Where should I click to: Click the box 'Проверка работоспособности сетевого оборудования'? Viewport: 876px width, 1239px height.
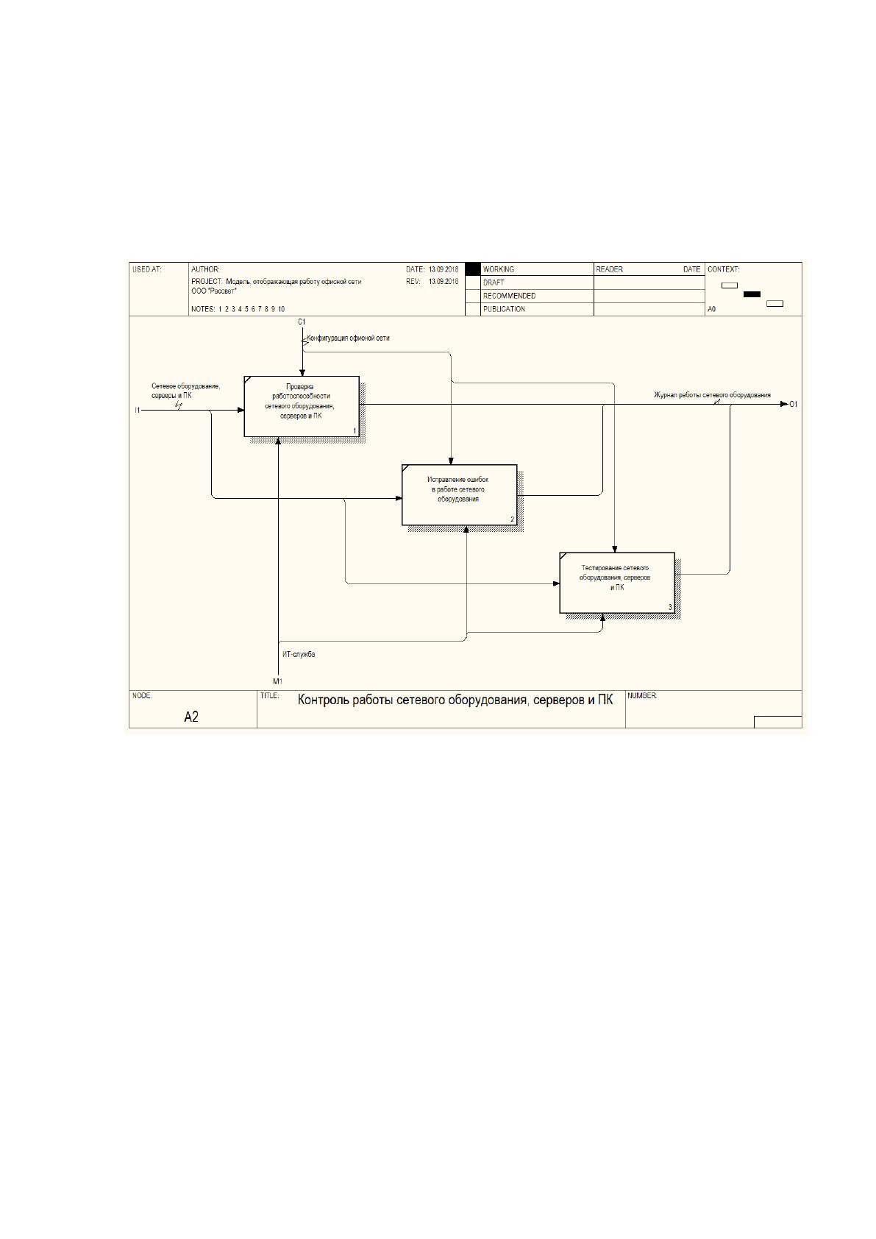click(x=302, y=407)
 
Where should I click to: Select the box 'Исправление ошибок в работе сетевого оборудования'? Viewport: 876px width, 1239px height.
click(x=460, y=494)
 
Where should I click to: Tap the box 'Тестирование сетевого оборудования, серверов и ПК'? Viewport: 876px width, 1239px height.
click(x=617, y=583)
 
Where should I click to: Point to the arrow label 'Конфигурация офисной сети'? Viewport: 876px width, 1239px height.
click(x=349, y=338)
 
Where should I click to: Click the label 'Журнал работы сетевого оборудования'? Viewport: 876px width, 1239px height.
click(x=712, y=395)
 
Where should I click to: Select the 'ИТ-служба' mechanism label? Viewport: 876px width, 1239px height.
click(x=299, y=654)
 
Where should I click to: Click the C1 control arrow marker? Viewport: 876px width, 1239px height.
click(x=302, y=322)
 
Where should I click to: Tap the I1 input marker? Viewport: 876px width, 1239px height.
click(x=137, y=411)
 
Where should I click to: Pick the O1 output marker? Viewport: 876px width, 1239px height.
click(x=794, y=405)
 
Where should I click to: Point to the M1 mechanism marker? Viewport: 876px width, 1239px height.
click(x=277, y=681)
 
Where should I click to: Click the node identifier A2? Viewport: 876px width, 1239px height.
click(x=190, y=717)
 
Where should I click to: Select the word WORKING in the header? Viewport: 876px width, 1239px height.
click(x=498, y=269)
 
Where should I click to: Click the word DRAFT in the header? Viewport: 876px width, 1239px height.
click(x=494, y=283)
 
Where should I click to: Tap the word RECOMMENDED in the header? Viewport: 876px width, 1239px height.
click(x=509, y=296)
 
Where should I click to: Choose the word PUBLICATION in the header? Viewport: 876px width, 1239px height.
click(x=504, y=309)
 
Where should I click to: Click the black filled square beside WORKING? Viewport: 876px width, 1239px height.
click(x=473, y=269)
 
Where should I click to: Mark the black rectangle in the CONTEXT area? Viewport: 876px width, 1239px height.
click(x=752, y=294)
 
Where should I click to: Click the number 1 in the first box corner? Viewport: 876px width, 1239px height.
click(x=355, y=431)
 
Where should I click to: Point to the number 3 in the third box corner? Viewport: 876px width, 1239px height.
click(x=670, y=607)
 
